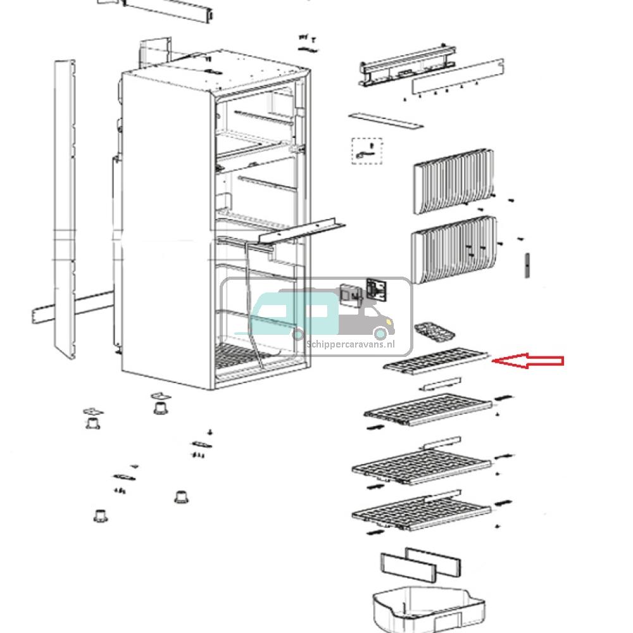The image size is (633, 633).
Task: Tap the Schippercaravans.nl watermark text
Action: click(x=350, y=344)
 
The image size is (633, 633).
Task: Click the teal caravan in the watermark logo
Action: click(x=295, y=315)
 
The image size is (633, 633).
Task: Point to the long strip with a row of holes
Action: click(x=458, y=77)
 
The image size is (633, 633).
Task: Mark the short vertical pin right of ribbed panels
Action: click(x=525, y=265)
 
